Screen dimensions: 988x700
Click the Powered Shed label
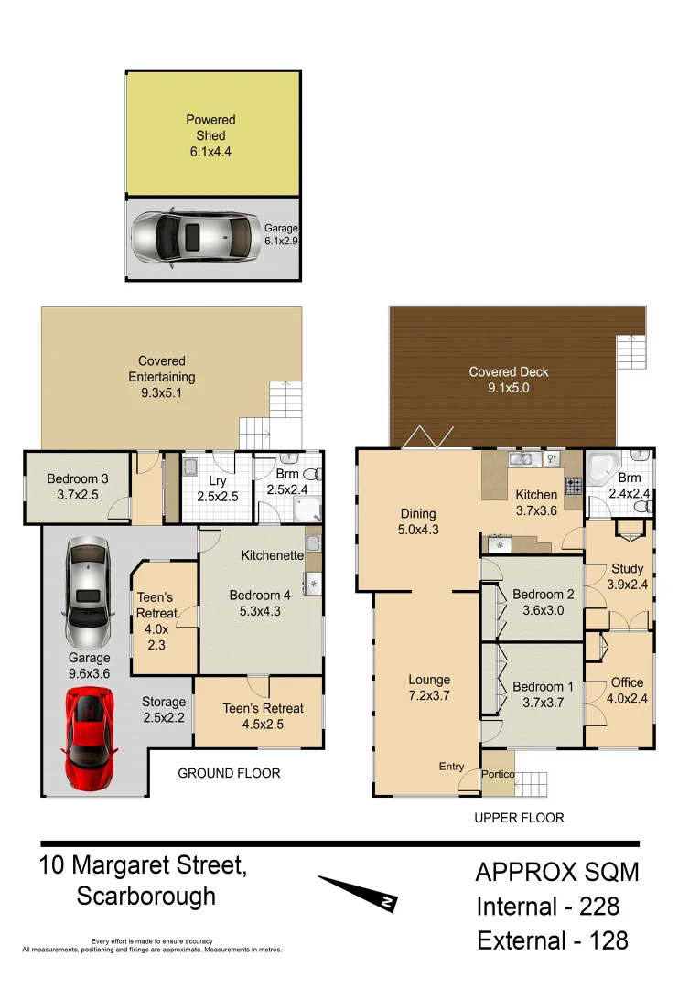[210, 135]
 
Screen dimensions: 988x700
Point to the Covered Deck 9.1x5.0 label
[509, 380]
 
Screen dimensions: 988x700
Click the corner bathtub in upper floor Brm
[603, 470]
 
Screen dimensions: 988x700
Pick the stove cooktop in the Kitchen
[574, 485]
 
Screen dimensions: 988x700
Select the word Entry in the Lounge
[451, 767]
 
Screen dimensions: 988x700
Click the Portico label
[499, 775]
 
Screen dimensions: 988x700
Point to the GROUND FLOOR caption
[229, 773]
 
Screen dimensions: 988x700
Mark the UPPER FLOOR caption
[519, 818]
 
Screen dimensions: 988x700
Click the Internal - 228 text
[547, 907]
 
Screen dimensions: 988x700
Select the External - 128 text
[552, 940]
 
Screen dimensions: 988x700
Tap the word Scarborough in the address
[146, 896]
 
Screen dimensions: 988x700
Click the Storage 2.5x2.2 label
[163, 710]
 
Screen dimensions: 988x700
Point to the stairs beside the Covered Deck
[630, 351]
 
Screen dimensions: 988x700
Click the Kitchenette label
[272, 554]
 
